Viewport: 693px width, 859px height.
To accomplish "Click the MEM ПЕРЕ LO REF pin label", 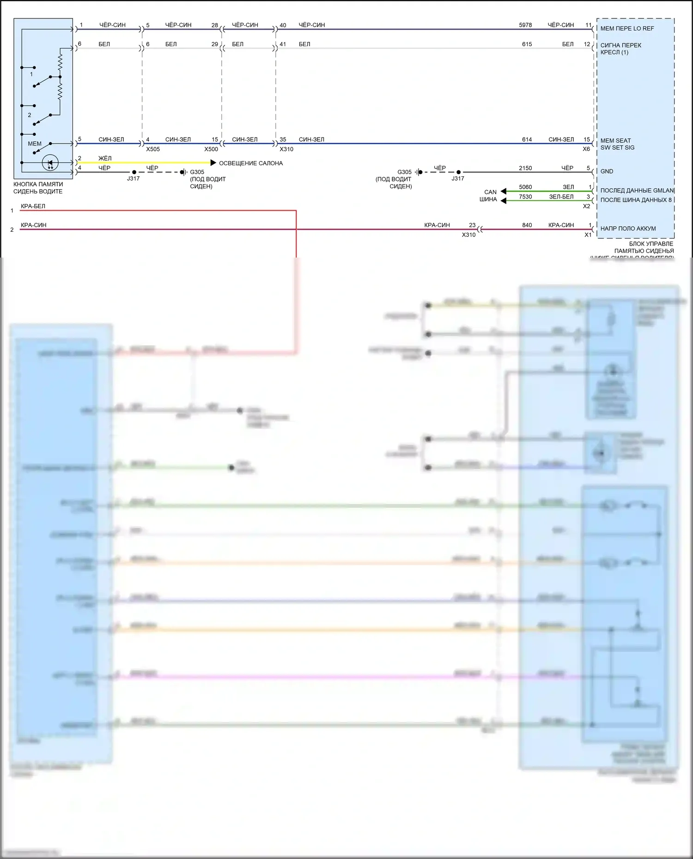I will [x=627, y=29].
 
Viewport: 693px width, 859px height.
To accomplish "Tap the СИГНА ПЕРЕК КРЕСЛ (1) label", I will [x=620, y=48].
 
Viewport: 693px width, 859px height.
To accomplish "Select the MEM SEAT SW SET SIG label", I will [x=617, y=144].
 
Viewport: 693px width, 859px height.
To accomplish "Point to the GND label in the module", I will [x=607, y=171].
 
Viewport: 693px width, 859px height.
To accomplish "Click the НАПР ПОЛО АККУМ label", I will [x=628, y=228].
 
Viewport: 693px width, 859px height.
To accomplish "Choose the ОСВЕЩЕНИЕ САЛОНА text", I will [x=250, y=163].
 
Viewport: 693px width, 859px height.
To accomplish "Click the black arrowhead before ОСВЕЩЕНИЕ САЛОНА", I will [x=213, y=162].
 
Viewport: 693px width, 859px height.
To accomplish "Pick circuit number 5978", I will [x=525, y=25].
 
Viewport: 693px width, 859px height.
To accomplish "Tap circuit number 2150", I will [x=525, y=168].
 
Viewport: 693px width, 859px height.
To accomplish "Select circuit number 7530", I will [x=525, y=197].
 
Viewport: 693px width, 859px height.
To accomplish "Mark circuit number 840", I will [x=527, y=225].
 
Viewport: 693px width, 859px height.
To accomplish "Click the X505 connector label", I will [x=153, y=149].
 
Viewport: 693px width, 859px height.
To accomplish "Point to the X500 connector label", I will [x=211, y=149].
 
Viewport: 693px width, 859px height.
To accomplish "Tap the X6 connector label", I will [x=586, y=149].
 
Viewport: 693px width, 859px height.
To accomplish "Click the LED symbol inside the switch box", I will [x=50, y=162].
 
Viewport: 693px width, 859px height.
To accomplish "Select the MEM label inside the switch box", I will [x=35, y=144].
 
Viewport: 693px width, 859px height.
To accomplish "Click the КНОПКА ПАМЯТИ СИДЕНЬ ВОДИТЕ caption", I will [x=38, y=188].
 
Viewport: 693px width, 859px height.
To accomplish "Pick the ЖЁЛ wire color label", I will [x=105, y=158].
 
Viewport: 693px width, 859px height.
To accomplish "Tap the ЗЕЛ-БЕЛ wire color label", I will [x=561, y=197].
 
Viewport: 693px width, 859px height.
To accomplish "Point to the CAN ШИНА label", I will [x=490, y=196].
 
